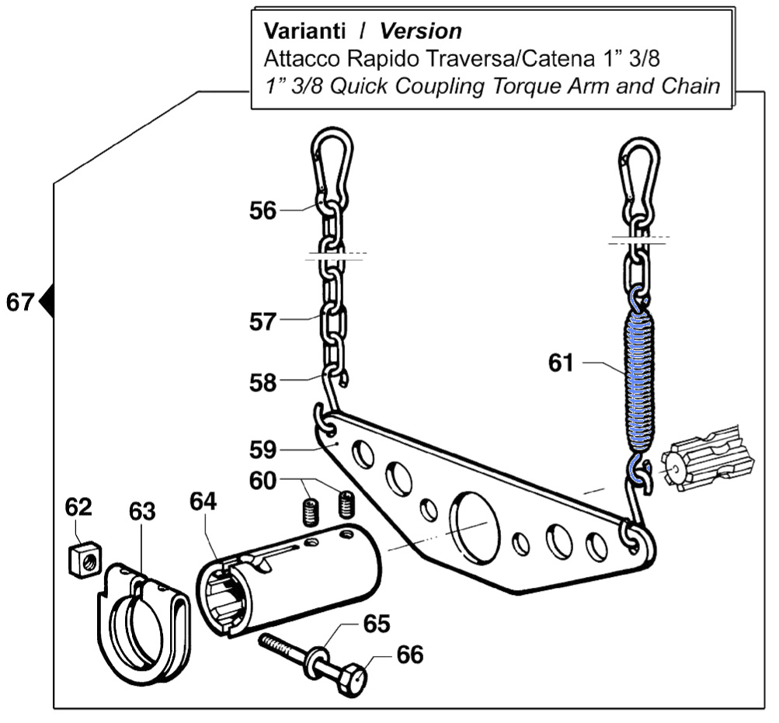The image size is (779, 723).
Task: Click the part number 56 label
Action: click(263, 210)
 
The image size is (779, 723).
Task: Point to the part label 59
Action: click(263, 450)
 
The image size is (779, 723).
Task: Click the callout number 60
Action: click(263, 481)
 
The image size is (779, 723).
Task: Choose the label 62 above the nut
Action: click(78, 508)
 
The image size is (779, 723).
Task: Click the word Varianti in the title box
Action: click(304, 31)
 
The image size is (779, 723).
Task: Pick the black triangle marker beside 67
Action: click(46, 301)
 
